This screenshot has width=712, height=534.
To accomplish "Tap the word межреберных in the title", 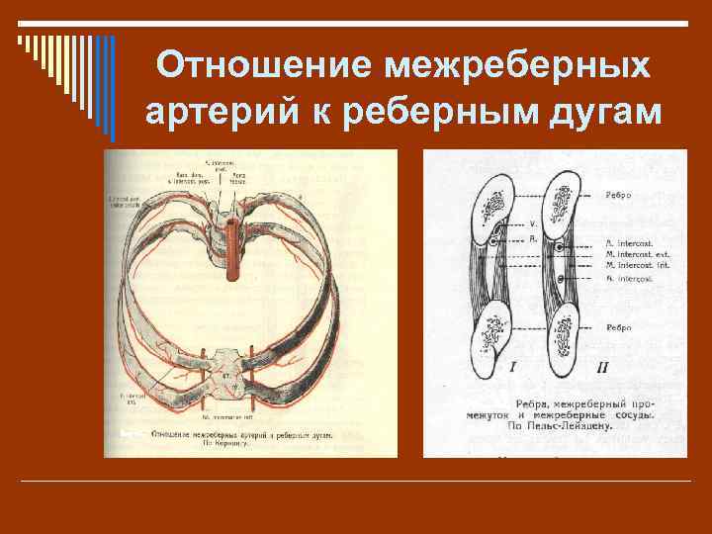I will (517, 66).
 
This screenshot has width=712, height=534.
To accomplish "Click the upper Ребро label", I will (621, 196).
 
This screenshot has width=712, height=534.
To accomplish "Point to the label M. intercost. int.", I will (634, 265).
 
